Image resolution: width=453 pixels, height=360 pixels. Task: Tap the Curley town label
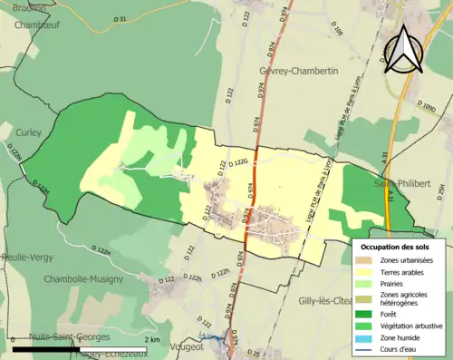pyautogui.click(x=29, y=132)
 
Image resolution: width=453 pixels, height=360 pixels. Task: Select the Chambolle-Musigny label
pyautogui.click(x=84, y=279)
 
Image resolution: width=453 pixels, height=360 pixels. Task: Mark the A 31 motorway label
pyautogui.click(x=384, y=157)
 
